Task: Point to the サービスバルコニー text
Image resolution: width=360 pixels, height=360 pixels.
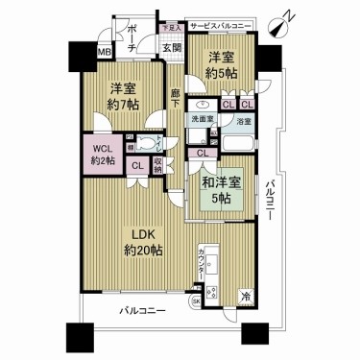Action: click(222, 26)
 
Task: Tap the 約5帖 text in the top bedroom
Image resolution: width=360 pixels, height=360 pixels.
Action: click(222, 72)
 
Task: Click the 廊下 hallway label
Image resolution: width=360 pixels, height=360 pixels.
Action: click(176, 99)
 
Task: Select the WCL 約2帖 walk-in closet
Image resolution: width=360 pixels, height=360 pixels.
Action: click(102, 155)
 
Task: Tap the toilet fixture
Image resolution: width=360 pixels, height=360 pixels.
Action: click(147, 146)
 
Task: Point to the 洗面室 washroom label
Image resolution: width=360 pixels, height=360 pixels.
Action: click(201, 122)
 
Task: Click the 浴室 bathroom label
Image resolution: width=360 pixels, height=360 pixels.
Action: click(244, 122)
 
